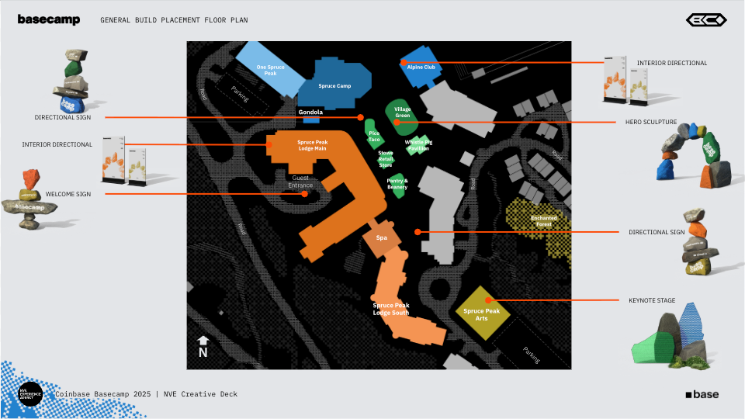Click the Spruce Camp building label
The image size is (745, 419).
334,86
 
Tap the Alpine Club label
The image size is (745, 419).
421,68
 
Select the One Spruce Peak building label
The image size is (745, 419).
270,71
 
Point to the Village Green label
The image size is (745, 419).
402,113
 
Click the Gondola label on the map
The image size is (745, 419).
310,113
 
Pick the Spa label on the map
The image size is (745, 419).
381,238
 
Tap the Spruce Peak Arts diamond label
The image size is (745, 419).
482,314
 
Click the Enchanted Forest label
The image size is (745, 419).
544,220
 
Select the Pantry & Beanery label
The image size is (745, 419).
397,184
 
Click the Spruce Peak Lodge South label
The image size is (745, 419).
391,309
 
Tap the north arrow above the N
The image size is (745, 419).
203,340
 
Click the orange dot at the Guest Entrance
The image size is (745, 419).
306,194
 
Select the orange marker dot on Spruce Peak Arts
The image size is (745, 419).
488,300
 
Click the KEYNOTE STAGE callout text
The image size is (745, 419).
652,300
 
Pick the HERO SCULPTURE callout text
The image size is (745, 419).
651,122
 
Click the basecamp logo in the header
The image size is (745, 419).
48,20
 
